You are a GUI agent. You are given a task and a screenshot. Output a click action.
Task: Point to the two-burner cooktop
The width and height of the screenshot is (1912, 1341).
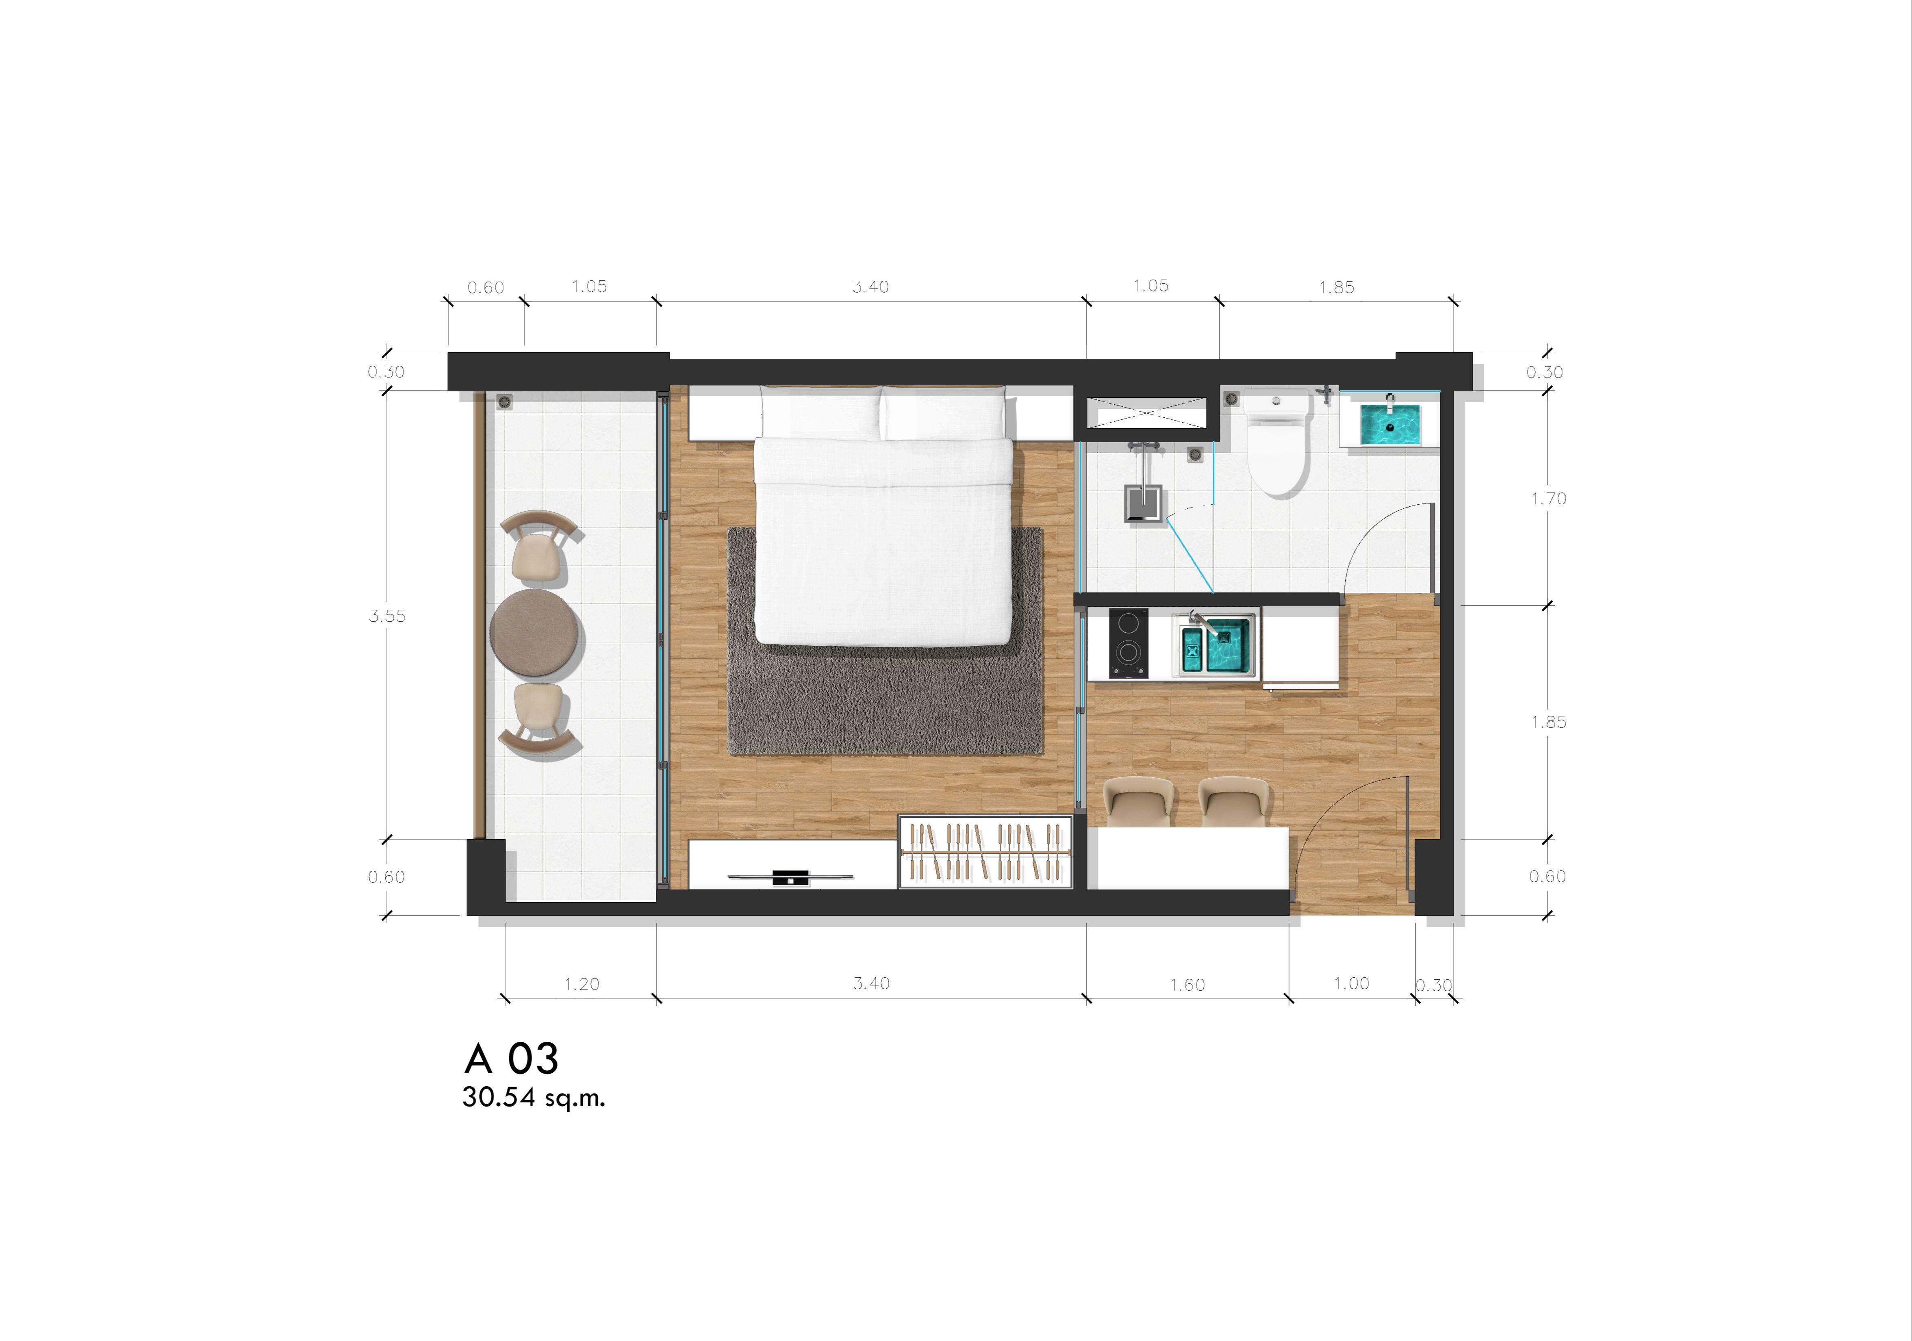(x=1129, y=643)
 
